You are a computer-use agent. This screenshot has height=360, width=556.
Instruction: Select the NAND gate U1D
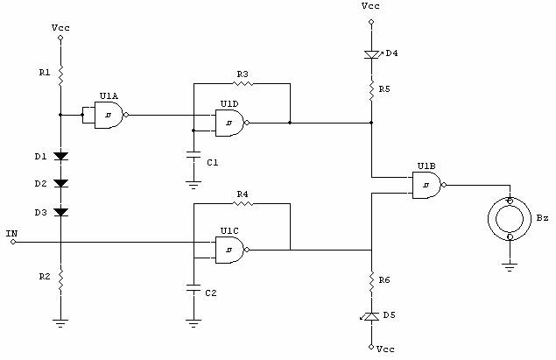(x=229, y=123)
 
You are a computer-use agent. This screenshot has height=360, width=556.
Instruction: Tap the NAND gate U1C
(x=229, y=250)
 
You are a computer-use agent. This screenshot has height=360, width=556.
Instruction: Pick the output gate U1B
(x=426, y=185)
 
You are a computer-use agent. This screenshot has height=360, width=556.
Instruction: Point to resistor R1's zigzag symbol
(x=60, y=77)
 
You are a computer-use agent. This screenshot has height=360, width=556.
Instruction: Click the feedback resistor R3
(x=242, y=84)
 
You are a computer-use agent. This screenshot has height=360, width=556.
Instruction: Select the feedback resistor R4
(x=243, y=203)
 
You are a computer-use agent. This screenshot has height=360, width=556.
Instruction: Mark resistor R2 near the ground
(x=60, y=279)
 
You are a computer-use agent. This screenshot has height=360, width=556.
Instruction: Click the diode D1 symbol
(x=60, y=156)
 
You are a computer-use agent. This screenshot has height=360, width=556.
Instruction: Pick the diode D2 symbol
(x=60, y=184)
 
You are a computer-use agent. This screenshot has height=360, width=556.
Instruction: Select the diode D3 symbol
(x=60, y=212)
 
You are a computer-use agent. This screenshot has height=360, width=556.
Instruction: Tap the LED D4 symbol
(x=371, y=55)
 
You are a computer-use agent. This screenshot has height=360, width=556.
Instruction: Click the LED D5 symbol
(x=371, y=314)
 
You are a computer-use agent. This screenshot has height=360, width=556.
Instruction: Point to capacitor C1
(x=194, y=159)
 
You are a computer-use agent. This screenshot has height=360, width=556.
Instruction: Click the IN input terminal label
(x=11, y=234)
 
